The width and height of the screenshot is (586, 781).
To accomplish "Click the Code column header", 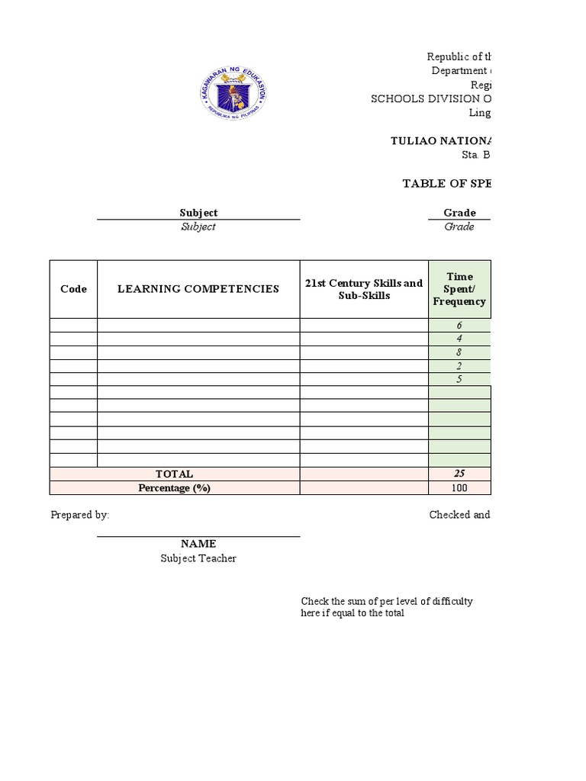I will click(73, 289).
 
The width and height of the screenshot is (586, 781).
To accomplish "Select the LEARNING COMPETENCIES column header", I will click(198, 289).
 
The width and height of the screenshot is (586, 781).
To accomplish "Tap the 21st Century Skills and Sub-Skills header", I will click(364, 289).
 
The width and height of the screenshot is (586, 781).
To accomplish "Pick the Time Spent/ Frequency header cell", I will click(459, 289).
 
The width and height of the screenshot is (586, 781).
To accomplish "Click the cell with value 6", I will click(459, 326).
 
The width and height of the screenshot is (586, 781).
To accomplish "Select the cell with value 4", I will click(459, 339).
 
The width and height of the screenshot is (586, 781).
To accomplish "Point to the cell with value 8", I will click(459, 352).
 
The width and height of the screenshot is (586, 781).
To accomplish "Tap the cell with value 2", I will click(459, 366).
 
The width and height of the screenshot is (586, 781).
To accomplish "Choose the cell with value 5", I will click(459, 379).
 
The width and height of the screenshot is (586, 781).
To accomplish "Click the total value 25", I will click(459, 474).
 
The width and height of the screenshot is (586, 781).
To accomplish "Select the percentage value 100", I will click(459, 488).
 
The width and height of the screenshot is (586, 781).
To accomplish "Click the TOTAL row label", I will click(175, 474).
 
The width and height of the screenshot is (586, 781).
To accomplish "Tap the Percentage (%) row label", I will click(175, 488).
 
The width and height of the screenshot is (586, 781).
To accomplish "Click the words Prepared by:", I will click(80, 515).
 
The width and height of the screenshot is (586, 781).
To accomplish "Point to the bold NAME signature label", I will click(198, 544).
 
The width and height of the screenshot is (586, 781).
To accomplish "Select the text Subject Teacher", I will click(198, 558).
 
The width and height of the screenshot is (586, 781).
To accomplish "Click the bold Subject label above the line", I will click(198, 213).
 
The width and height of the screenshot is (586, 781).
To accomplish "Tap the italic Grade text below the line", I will click(459, 227).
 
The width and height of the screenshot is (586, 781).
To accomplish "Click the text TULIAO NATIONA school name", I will click(440, 140).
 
